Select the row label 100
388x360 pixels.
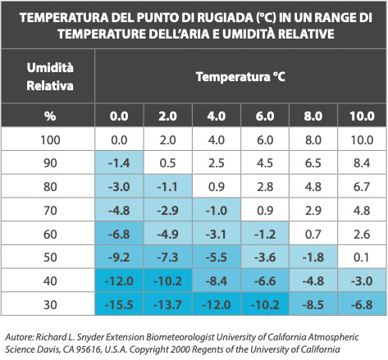50,140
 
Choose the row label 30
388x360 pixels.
50,305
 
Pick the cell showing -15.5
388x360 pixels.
121,305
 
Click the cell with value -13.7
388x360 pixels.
169,305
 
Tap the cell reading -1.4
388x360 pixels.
121,162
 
